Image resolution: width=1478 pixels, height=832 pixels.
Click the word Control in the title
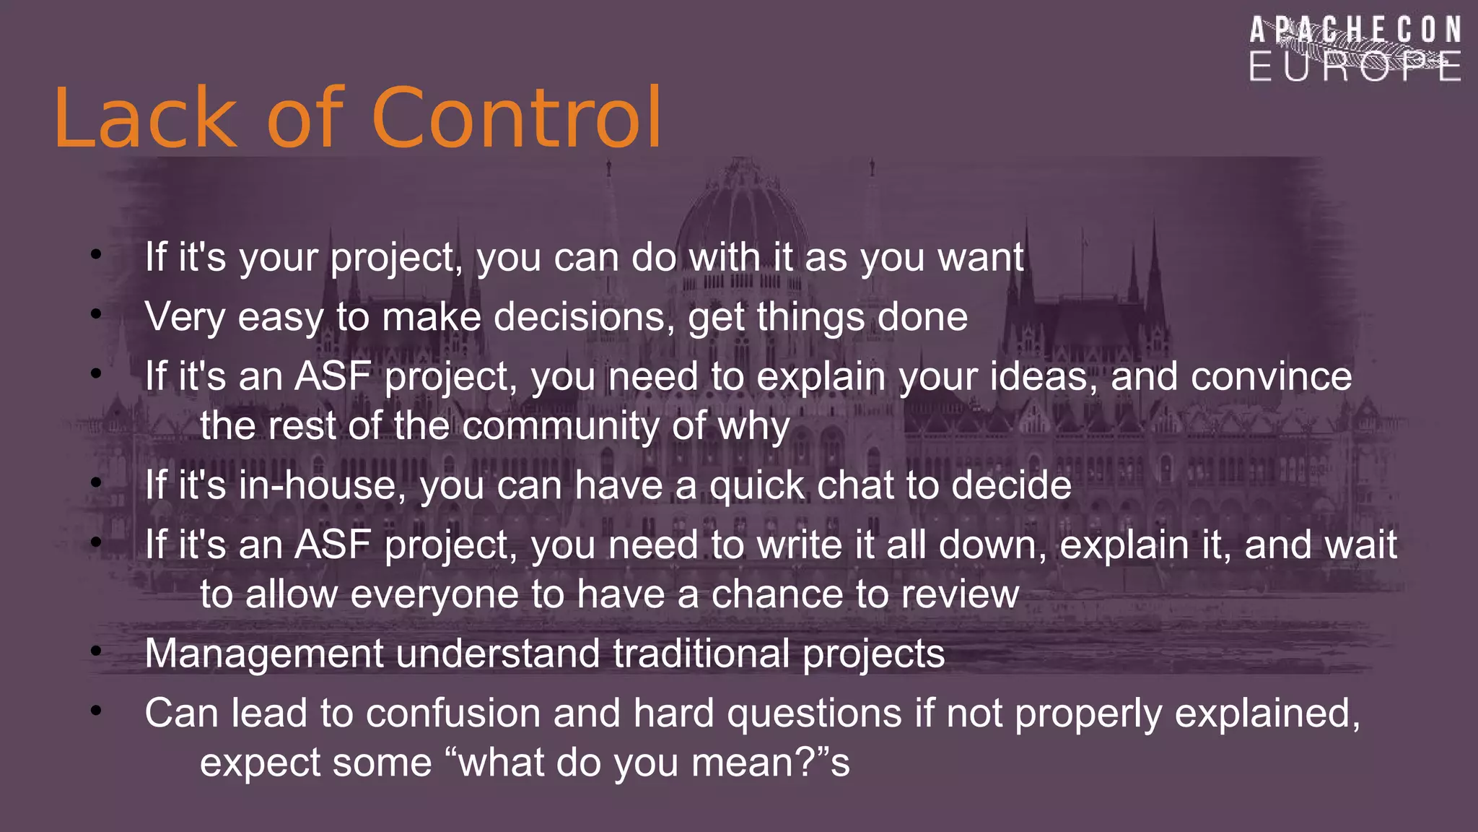pos(517,118)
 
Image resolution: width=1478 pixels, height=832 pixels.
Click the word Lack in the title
pos(144,118)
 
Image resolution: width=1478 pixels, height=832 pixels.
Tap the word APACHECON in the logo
pos(1355,31)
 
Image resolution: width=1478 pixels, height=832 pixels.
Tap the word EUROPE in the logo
pos(1355,66)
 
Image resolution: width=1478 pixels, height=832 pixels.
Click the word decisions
pos(584,317)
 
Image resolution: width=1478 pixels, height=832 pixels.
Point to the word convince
pos(1270,377)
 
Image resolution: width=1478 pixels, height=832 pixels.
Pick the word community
pos(560,426)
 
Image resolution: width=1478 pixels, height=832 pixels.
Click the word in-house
pos(323,485)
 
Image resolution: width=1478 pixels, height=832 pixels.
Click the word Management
pos(263,654)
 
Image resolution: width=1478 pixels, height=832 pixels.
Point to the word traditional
pos(701,654)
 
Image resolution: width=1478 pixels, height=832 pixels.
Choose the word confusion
pos(453,714)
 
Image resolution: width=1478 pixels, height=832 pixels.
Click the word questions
pos(814,714)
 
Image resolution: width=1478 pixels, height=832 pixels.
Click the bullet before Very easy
pos(96,313)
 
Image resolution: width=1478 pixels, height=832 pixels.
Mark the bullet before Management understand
pos(96,651)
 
